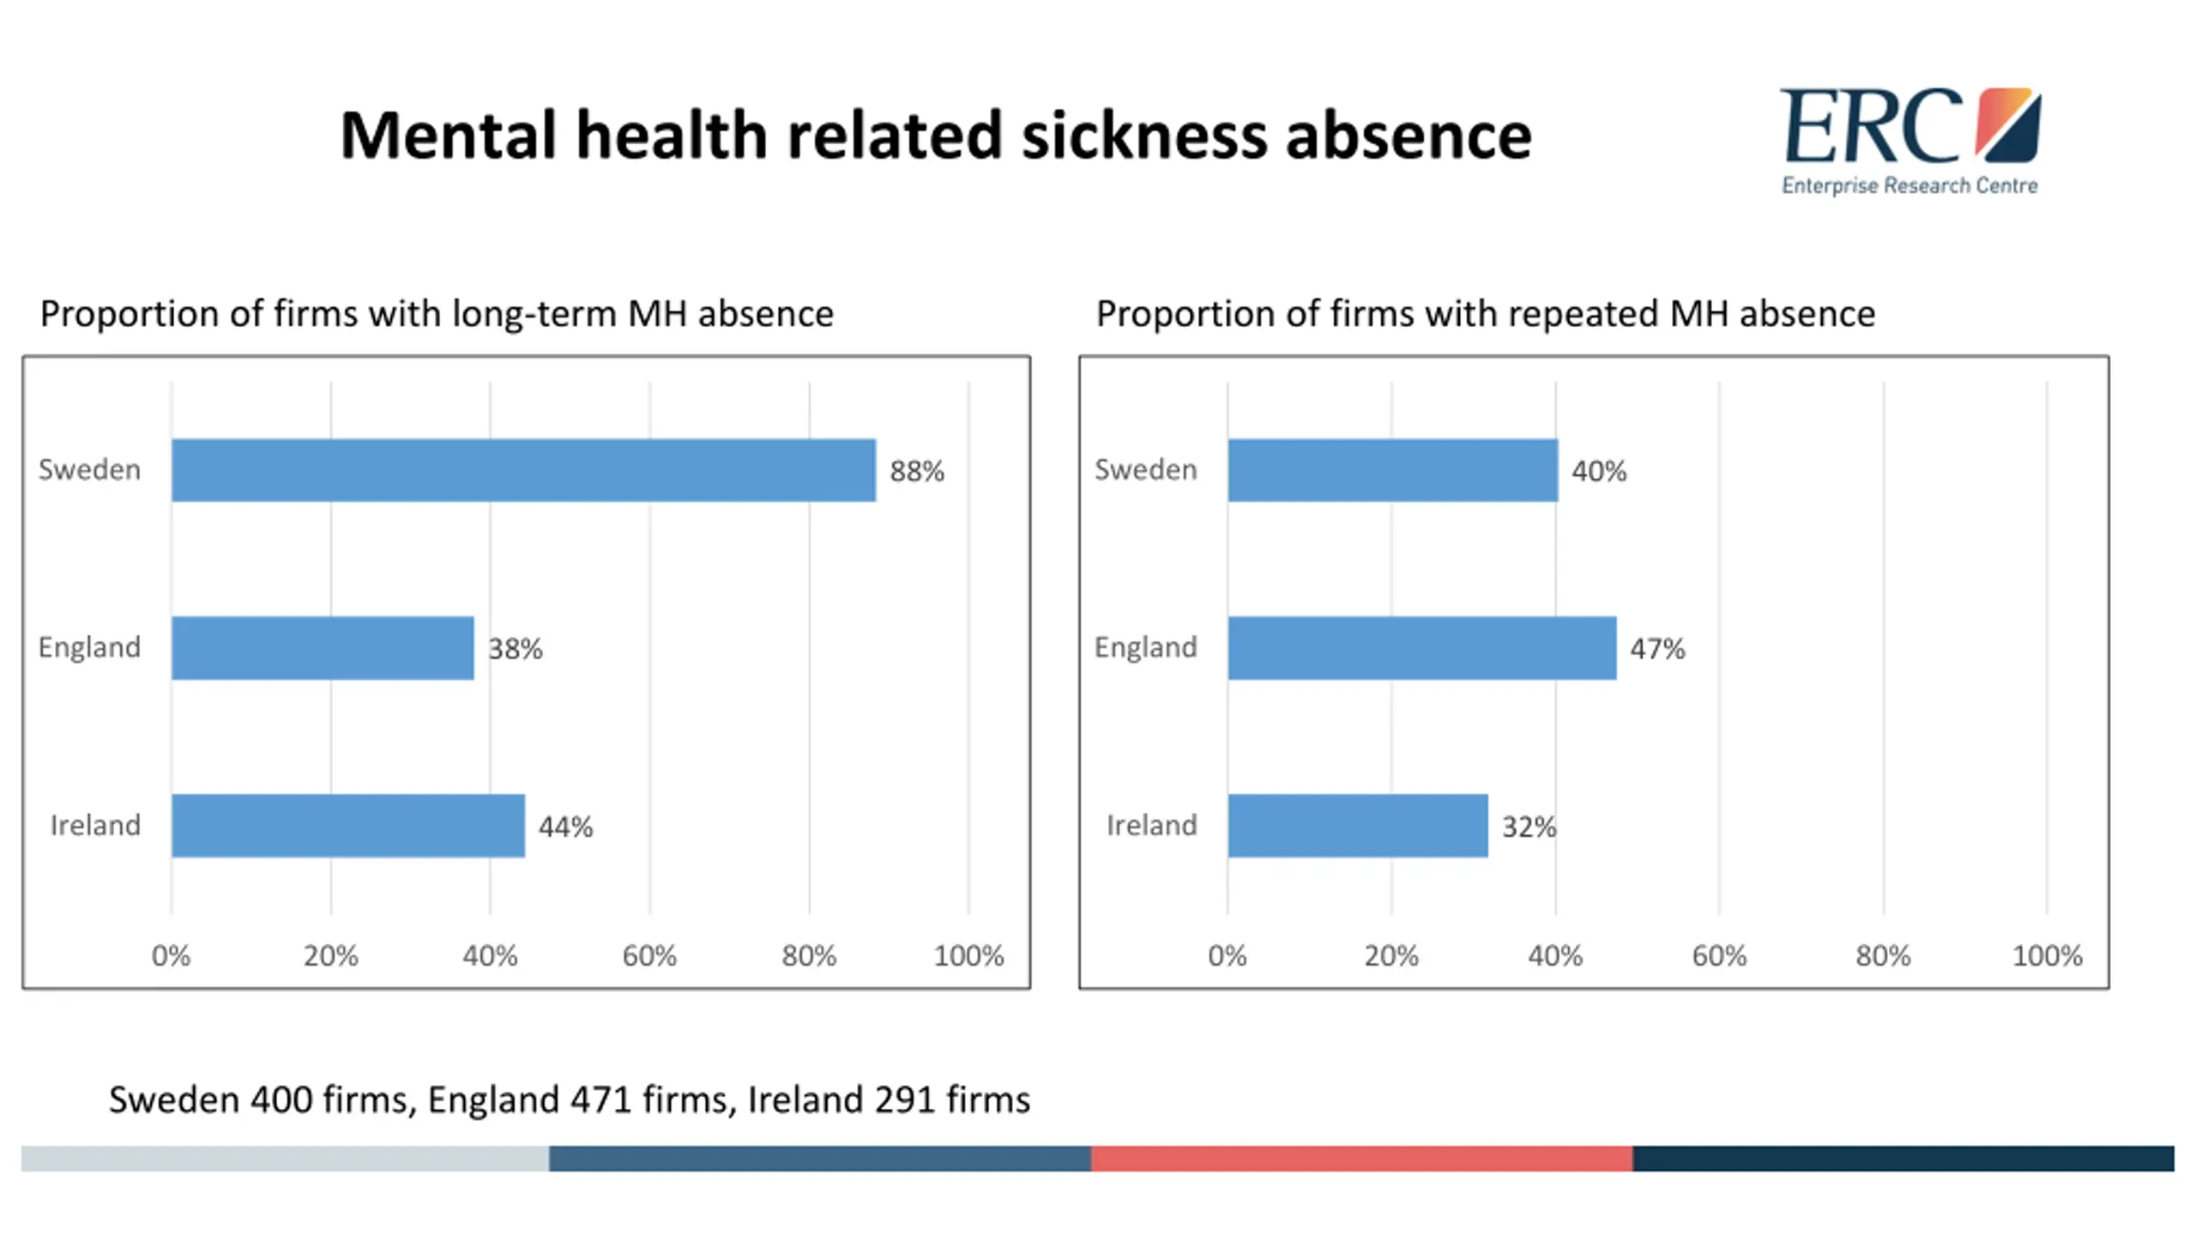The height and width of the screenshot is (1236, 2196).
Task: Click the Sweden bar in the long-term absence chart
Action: (523, 470)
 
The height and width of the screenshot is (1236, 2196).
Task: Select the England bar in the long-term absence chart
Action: (323, 647)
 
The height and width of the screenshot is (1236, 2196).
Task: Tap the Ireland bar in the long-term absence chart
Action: (347, 825)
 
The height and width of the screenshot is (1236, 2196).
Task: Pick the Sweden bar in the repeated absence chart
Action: (1392, 470)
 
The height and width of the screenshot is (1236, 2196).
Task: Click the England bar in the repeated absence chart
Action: (1421, 647)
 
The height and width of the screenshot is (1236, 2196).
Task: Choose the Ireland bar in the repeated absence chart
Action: (1357, 825)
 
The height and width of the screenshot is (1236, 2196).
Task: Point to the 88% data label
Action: (916, 470)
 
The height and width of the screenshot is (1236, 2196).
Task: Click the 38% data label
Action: (515, 648)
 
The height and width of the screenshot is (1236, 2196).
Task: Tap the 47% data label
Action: (1656, 648)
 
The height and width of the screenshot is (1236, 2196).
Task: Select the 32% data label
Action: (1528, 826)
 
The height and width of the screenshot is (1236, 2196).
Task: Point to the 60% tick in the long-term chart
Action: (649, 955)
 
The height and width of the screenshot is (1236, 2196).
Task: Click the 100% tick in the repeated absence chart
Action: (2046, 955)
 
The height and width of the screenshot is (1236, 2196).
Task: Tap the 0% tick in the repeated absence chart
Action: (1227, 955)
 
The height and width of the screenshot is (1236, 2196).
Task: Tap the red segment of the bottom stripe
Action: (1360, 1158)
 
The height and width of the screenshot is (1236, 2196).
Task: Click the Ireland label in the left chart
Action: (94, 825)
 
